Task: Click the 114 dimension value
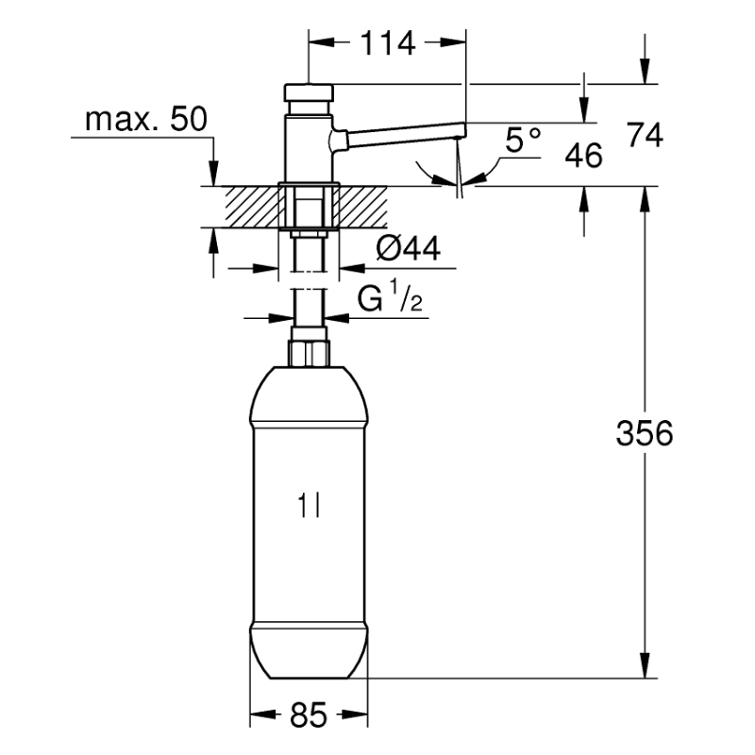388,43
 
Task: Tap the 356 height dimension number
645,433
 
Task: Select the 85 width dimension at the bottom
309,715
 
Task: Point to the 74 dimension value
646,135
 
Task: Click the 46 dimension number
583,155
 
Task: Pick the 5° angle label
523,140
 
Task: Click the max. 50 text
146,119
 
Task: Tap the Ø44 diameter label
408,249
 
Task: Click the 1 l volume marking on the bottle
309,506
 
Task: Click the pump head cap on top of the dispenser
309,92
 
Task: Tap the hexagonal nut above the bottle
309,353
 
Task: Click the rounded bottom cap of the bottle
309,651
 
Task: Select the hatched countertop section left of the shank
252,207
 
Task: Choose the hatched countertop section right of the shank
362,207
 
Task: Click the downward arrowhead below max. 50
213,175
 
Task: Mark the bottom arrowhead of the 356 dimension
645,666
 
